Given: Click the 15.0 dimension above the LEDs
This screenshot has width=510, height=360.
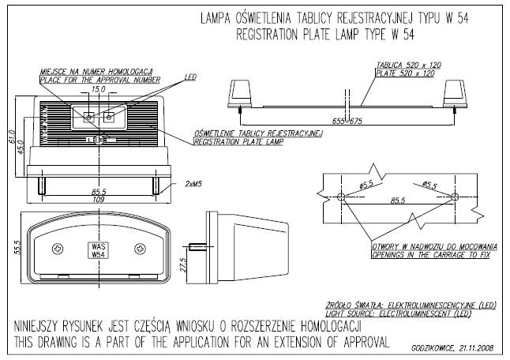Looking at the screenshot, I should (x=98, y=90).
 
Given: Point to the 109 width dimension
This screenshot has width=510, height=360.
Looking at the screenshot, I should (x=99, y=201).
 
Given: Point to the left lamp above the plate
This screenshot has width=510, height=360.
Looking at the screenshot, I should (x=239, y=92).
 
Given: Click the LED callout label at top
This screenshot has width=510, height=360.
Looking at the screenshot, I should (x=189, y=77).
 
